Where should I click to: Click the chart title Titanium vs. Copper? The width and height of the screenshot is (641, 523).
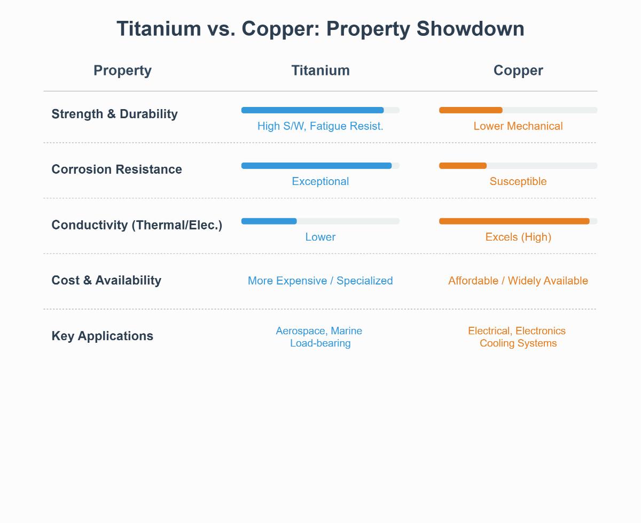[x=320, y=28]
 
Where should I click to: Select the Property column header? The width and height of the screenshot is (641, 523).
[x=122, y=71]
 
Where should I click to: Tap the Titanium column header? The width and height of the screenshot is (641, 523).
[x=320, y=71]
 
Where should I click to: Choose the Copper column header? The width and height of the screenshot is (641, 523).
[x=518, y=71]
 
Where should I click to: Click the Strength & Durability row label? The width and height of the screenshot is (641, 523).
[x=114, y=114]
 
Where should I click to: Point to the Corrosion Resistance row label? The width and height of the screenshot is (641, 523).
[x=116, y=170]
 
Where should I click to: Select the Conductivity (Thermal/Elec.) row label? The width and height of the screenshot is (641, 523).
[x=137, y=225]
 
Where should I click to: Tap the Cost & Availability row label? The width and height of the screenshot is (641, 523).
[x=106, y=280]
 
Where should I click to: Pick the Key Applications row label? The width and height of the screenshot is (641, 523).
[x=102, y=336]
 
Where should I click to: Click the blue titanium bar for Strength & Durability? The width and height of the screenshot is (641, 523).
[x=312, y=110]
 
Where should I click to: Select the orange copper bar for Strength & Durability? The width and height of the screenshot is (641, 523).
[x=471, y=110]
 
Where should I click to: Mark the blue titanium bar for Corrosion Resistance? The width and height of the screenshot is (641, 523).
[x=316, y=166]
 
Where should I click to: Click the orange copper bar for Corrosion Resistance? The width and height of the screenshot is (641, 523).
[x=463, y=166]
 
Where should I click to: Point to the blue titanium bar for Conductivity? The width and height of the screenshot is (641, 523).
[x=269, y=221]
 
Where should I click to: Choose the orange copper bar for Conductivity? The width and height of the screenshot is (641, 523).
[x=514, y=221]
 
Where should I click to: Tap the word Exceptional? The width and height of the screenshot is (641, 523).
[x=320, y=181]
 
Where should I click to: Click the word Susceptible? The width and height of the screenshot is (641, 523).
[x=518, y=181]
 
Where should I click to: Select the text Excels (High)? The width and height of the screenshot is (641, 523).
[x=518, y=237]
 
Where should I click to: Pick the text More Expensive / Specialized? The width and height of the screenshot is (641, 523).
[x=320, y=281]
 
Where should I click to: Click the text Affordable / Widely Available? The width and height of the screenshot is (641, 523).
[x=518, y=281]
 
